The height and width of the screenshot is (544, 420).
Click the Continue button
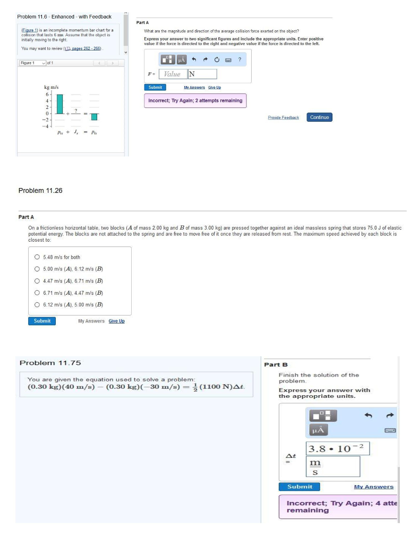[319, 117]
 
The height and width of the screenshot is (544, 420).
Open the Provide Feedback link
[284, 117]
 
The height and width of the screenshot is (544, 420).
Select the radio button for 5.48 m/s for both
[37, 257]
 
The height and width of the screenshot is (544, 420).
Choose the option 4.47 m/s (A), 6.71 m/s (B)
[37, 281]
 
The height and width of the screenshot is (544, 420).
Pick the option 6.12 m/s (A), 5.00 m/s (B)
[37, 304]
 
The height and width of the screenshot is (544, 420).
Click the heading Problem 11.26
[40, 190]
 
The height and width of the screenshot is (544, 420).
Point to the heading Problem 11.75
[50, 363]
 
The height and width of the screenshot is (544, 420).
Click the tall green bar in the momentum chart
[60, 104]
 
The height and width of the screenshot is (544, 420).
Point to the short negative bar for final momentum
[94, 116]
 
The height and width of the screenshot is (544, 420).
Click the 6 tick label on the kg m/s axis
[47, 94]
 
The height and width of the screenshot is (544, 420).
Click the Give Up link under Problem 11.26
[116, 321]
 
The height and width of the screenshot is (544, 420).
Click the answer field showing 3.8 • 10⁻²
[338, 448]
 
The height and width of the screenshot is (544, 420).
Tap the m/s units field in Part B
[333, 466]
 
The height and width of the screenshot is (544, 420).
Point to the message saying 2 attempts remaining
[195, 100]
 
